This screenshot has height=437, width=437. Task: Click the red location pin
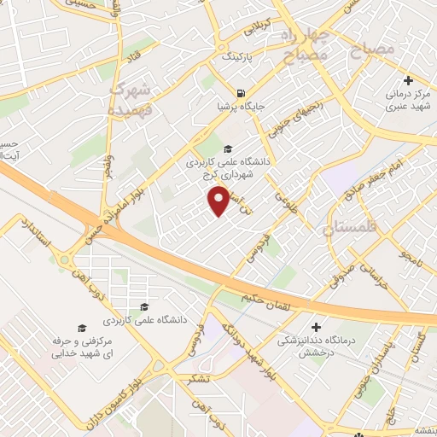coord(219,201)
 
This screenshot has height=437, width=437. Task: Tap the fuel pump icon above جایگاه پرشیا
coord(242,94)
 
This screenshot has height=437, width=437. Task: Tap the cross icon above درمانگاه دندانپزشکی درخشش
coord(317,326)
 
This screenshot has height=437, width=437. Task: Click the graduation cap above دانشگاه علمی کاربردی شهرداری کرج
coord(226,148)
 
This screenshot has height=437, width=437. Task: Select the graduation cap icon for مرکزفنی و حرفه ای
coord(82,328)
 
